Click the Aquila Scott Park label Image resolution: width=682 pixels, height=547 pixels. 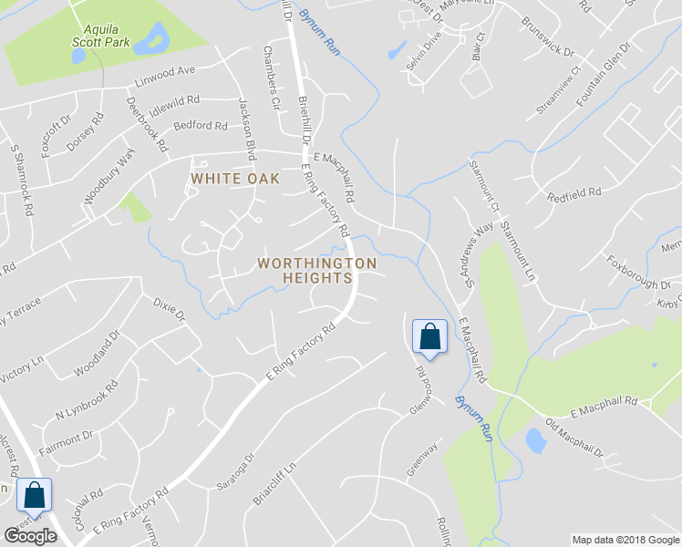pos(101,35)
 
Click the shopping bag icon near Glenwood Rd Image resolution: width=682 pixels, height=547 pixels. pos(429,337)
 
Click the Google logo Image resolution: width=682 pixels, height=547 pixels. pos(30,536)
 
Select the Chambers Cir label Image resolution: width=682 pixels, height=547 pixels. pos(270,78)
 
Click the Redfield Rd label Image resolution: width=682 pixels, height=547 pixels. pos(574,194)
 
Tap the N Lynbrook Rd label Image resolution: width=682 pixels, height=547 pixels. pos(87,400)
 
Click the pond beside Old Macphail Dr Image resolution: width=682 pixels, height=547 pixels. pos(536,442)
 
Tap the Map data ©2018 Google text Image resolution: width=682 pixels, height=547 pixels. pos(625,540)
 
